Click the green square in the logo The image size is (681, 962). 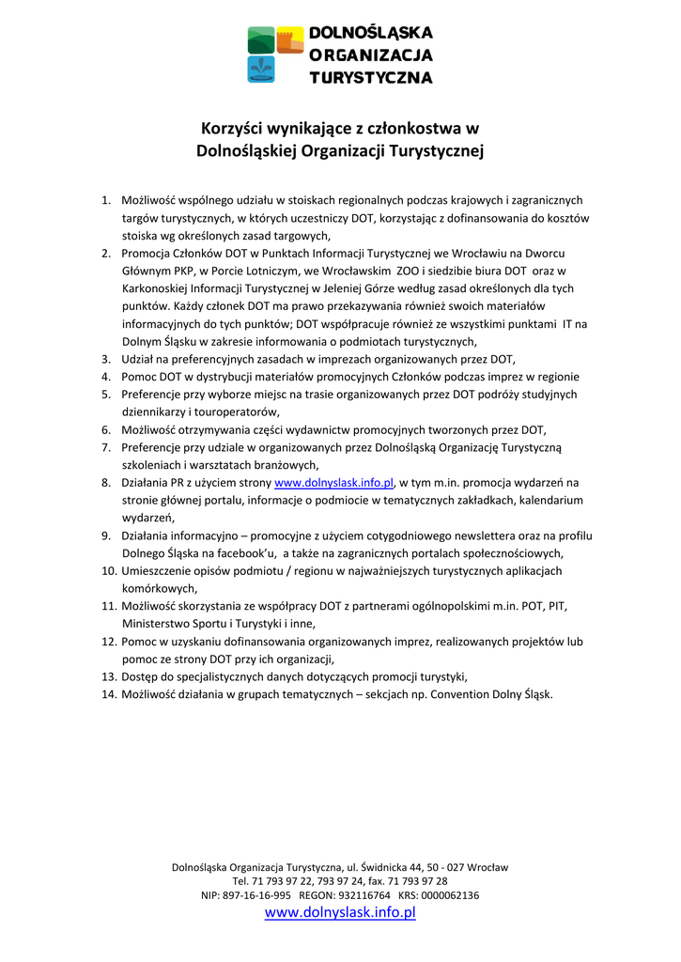[x=261, y=40]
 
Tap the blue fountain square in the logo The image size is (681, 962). [x=261, y=69]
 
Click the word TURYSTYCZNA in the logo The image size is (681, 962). [x=372, y=77]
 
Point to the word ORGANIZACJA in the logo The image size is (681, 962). [x=372, y=55]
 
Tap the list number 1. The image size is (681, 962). [x=106, y=200]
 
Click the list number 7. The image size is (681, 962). [x=106, y=447]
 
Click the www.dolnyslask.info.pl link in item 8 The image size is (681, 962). [x=333, y=483]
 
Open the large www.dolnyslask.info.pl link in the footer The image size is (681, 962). [x=340, y=913]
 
